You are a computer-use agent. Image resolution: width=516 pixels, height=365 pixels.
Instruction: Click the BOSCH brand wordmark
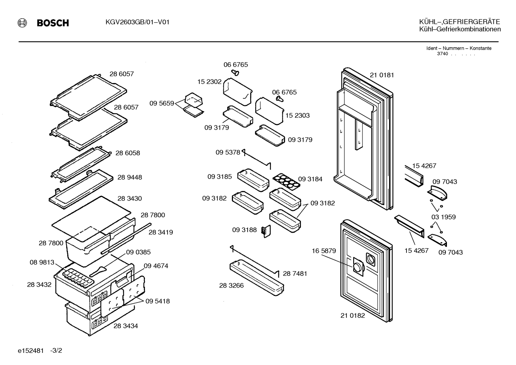[53, 23]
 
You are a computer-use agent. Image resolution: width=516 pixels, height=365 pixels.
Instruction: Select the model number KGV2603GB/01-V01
[137, 22]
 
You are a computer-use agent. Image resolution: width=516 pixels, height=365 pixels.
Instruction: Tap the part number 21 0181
[382, 75]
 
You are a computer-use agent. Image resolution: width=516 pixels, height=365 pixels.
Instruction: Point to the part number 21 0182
[353, 316]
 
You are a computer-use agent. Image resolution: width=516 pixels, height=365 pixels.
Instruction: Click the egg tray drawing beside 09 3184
[287, 182]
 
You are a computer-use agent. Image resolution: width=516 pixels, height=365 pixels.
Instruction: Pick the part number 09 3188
[244, 230]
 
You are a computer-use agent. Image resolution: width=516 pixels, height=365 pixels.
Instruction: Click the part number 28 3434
[126, 326]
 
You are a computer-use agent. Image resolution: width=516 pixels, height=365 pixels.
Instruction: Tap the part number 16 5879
[324, 251]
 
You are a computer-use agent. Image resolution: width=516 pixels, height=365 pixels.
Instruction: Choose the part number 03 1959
[443, 217]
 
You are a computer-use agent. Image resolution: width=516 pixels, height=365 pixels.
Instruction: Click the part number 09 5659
[162, 103]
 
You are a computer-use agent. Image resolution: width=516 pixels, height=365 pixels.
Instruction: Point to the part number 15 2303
[297, 115]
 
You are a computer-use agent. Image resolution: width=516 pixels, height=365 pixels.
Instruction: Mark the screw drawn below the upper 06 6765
[235, 73]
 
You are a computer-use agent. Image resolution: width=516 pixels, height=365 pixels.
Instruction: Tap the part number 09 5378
[228, 152]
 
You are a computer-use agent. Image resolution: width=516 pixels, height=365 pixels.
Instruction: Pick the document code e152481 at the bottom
[31, 351]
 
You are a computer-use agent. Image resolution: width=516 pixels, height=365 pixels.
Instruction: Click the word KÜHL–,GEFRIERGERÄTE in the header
[459, 22]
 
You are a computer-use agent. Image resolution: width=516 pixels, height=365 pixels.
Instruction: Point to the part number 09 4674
[156, 266]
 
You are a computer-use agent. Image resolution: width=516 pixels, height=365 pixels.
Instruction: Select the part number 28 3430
[130, 198]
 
